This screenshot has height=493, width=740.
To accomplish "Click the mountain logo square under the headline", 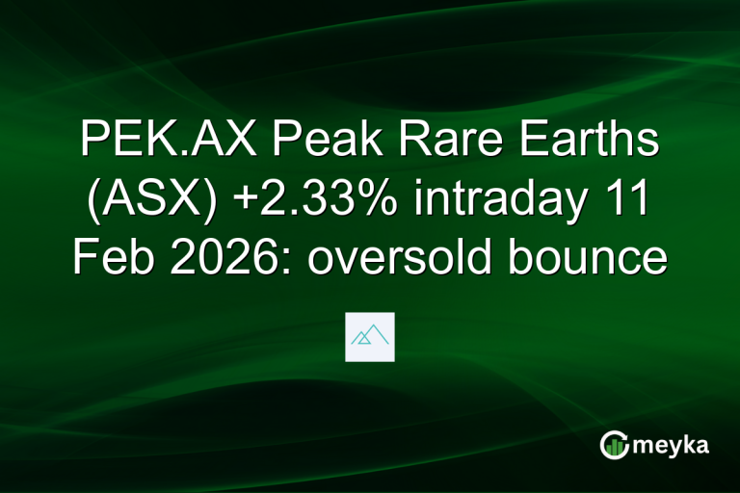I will tap(370, 337).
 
